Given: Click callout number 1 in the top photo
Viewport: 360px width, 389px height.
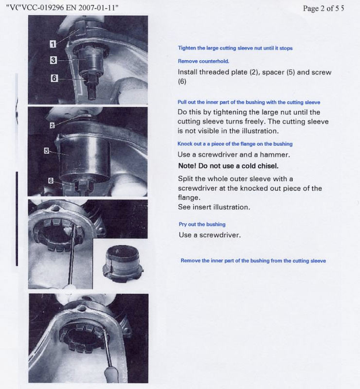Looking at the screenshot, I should (x=53, y=44).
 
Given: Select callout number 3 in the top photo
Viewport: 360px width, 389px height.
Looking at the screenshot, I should (x=53, y=60).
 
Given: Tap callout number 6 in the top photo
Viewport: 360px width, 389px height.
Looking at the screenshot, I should (x=55, y=78).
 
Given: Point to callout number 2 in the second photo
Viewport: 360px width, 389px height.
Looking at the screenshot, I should (x=52, y=125).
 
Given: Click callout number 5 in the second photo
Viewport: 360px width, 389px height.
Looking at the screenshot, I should (x=47, y=151).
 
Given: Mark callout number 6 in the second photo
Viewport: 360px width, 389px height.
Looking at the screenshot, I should (x=51, y=180).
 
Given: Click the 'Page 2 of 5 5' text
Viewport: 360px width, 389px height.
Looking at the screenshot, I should (x=323, y=9).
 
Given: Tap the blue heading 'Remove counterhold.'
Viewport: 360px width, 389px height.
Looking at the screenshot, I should (x=203, y=61).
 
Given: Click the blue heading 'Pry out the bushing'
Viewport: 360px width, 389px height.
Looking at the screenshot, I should (x=202, y=224).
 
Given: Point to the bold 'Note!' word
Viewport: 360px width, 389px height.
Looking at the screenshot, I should (x=188, y=166).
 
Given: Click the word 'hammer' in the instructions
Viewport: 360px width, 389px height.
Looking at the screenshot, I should (x=275, y=155).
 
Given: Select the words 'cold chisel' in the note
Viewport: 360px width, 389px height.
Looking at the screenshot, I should (x=261, y=166).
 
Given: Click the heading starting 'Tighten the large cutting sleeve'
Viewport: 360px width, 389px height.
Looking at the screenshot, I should (x=235, y=48).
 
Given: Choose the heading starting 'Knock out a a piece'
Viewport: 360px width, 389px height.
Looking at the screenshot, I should (x=235, y=144).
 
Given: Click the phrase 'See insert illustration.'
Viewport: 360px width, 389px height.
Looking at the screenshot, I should (x=214, y=207).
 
